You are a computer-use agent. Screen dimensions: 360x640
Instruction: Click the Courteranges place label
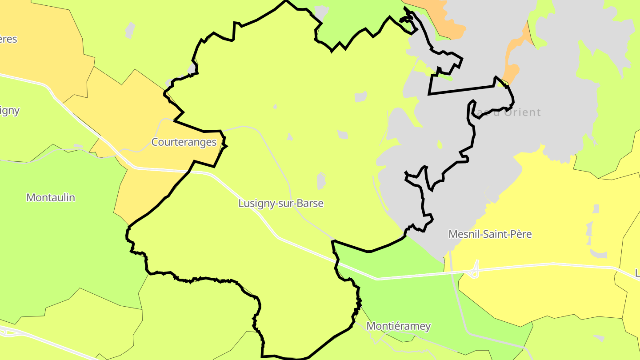click(x=184, y=142)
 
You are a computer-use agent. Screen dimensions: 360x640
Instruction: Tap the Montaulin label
click(x=51, y=197)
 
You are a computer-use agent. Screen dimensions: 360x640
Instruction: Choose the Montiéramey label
click(x=398, y=326)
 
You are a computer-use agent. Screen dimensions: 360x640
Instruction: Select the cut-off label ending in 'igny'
click(x=9, y=110)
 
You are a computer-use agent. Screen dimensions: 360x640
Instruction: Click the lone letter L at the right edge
click(x=637, y=272)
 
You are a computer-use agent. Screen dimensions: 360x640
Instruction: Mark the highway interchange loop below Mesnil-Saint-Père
click(x=475, y=270)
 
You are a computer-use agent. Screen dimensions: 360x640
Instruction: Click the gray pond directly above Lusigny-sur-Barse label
click(x=321, y=180)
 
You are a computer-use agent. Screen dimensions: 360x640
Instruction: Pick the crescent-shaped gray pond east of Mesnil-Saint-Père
click(x=598, y=255)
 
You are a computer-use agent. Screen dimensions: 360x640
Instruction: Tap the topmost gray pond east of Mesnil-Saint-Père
click(x=596, y=208)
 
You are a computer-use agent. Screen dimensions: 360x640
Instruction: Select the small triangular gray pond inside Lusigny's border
click(x=290, y=137)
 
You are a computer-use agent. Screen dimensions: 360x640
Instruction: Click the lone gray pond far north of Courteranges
click(x=130, y=29)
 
